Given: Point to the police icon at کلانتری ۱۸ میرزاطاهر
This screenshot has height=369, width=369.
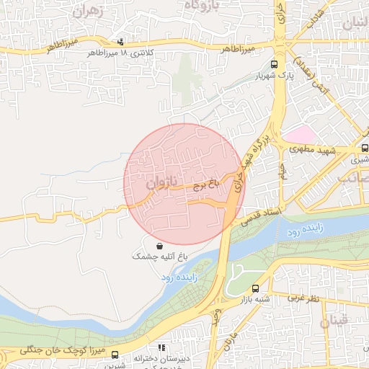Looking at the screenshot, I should [120, 42].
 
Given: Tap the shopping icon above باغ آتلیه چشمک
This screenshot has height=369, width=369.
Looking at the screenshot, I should [159, 245].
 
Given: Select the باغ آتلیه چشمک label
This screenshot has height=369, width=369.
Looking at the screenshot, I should [160, 256].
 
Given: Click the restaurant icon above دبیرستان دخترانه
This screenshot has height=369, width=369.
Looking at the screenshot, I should [162, 347].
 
